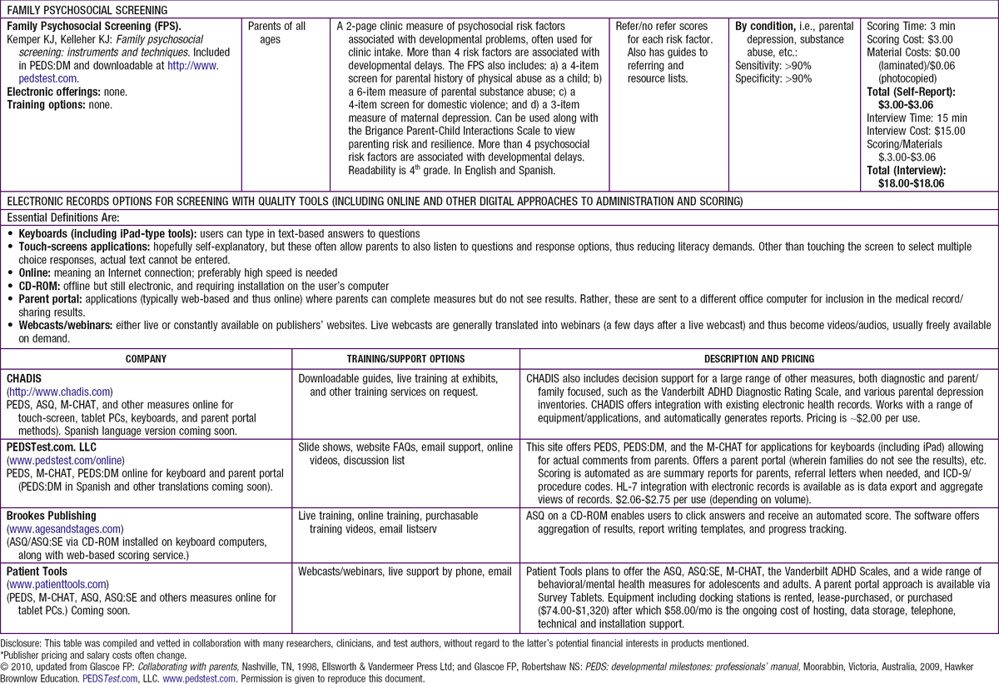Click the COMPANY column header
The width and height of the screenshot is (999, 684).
pyautogui.click(x=146, y=359)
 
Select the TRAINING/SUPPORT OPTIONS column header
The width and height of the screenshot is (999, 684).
pyautogui.click(x=405, y=359)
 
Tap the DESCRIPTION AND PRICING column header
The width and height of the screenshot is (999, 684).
pyautogui.click(x=758, y=359)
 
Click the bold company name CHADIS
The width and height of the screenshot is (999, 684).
pyautogui.click(x=26, y=377)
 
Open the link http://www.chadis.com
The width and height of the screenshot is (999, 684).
pyautogui.click(x=60, y=391)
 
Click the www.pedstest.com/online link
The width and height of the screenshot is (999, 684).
pyautogui.click(x=66, y=461)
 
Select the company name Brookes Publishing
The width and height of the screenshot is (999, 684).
pyautogui.click(x=52, y=517)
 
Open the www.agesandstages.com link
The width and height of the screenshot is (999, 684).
pyautogui.click(x=65, y=529)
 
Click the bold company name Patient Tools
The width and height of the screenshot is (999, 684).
pyautogui.click(x=39, y=572)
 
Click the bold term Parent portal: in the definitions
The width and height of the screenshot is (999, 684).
pyautogui.click(x=50, y=299)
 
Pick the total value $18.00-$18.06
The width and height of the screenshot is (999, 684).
pyautogui.click(x=912, y=183)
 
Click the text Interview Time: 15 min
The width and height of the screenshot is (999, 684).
pyautogui.click(x=917, y=118)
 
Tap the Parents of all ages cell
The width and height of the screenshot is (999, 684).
pyautogui.click(x=276, y=32)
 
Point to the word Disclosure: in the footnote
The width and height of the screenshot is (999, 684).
pyautogui.click(x=22, y=643)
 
